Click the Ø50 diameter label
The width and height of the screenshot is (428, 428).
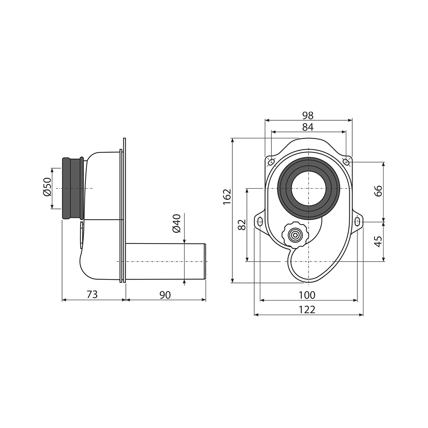click(47, 187)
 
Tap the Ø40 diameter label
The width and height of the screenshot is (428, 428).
click(177, 223)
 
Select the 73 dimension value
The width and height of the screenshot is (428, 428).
click(92, 294)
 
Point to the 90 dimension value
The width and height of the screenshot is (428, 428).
click(165, 295)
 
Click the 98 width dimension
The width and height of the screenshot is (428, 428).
click(308, 116)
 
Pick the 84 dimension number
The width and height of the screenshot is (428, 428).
click(308, 127)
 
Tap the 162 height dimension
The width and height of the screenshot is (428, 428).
click(227, 197)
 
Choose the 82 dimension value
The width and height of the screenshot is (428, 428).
click(242, 225)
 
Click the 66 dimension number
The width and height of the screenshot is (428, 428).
click(378, 191)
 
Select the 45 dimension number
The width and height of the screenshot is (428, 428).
click(378, 241)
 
